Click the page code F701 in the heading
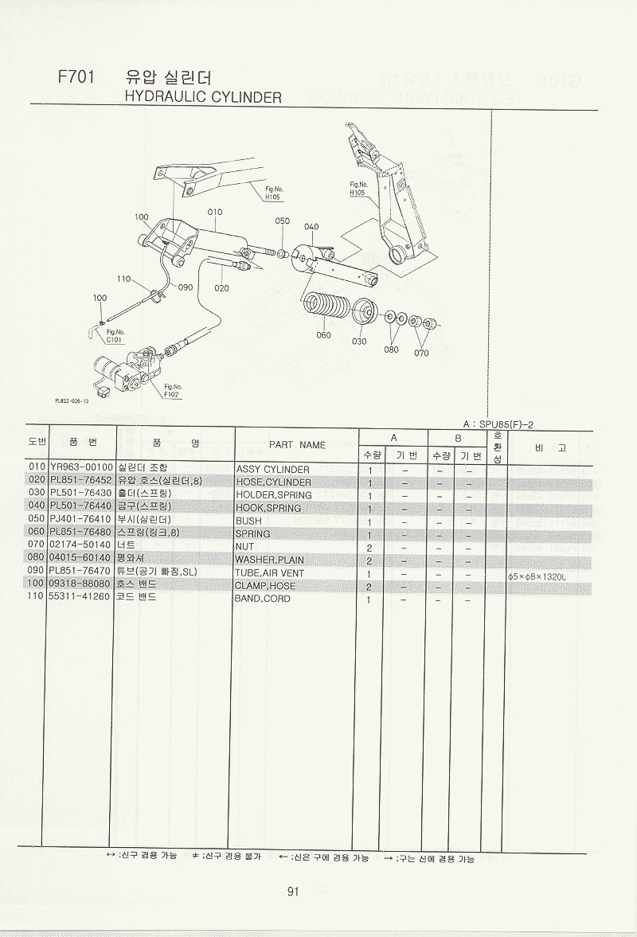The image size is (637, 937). click(x=76, y=78)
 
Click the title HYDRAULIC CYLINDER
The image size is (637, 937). click(x=204, y=98)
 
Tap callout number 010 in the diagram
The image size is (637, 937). click(x=215, y=213)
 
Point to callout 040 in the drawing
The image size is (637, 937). click(x=311, y=227)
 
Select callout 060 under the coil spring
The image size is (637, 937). click(x=322, y=335)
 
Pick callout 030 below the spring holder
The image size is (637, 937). click(x=359, y=341)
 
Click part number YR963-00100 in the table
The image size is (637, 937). click(x=80, y=469)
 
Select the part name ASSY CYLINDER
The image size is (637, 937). click(x=272, y=470)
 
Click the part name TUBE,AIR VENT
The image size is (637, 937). click(x=269, y=573)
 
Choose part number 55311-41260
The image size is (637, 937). click(x=80, y=598)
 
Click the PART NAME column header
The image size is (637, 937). click(x=297, y=445)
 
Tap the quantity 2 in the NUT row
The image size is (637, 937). click(x=370, y=548)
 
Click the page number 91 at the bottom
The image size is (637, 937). click(x=293, y=892)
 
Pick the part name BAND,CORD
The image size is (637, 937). click(x=262, y=599)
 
